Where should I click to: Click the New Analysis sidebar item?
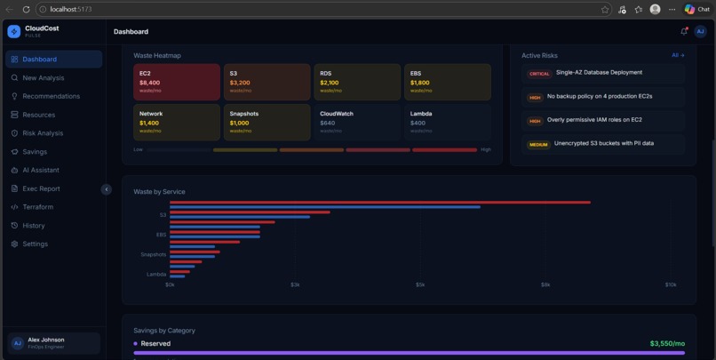[x=43, y=78]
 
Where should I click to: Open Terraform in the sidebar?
[x=37, y=207]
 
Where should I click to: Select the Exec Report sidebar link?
[x=41, y=188]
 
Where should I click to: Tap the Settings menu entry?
[x=35, y=244]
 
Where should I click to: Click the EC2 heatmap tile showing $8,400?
[x=177, y=82]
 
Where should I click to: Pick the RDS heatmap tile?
[x=357, y=82]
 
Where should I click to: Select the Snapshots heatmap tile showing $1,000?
[x=267, y=122]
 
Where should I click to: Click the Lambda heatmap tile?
[x=447, y=122]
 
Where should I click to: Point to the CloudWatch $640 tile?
[x=357, y=122]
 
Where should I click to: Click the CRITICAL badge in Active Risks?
[x=539, y=74]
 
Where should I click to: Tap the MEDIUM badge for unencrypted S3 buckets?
[x=538, y=144]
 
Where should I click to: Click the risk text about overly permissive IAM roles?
[x=594, y=120]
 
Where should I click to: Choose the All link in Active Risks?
[x=678, y=55]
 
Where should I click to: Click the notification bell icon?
[x=684, y=31]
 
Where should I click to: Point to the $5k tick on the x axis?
[x=420, y=284]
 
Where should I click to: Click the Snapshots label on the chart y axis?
[x=153, y=254]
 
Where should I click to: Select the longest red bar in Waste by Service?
[x=379, y=202]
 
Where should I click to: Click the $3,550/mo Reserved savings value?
[x=666, y=343]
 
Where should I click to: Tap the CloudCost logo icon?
[x=13, y=31]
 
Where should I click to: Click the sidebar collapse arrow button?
[x=106, y=189]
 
